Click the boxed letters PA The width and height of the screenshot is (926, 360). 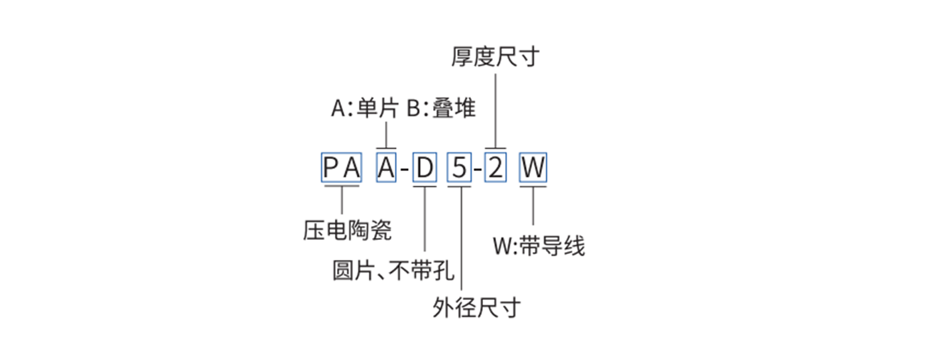click(342, 167)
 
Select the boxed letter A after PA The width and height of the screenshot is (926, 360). click(386, 167)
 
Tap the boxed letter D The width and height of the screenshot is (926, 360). click(425, 167)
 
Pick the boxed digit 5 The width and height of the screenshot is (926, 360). click(459, 167)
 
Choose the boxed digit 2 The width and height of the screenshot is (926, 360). click(496, 167)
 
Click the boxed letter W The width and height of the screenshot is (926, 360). click(533, 167)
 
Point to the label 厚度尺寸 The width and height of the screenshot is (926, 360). click(496, 56)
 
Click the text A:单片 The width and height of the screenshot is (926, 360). click(365, 108)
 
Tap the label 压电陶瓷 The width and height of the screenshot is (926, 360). click(348, 230)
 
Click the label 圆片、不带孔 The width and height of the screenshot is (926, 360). click(393, 270)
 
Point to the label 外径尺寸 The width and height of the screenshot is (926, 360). click(477, 308)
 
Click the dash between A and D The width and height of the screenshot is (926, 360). click(405, 168)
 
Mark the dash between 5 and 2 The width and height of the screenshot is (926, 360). click(478, 168)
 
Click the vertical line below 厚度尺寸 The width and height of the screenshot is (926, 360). click(496, 111)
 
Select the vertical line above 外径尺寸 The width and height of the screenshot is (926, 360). click(462, 239)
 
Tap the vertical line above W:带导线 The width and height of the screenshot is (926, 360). click(533, 206)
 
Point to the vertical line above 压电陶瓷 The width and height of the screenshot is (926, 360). click(342, 200)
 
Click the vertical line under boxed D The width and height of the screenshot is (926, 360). click(425, 219)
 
